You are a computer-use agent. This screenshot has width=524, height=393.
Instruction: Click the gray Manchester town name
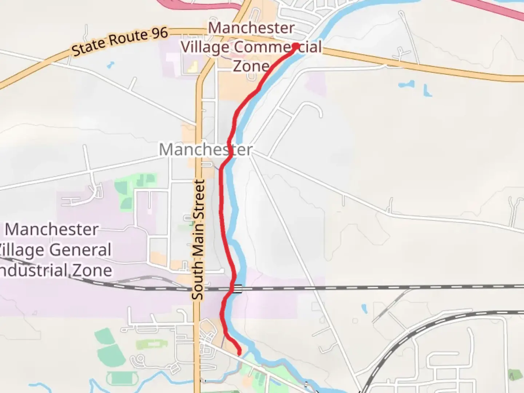[206, 150]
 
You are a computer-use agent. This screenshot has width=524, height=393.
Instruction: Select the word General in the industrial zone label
[80, 250]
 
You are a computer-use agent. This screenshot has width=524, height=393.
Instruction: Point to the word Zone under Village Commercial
[251, 66]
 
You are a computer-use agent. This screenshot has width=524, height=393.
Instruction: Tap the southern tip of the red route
[239, 352]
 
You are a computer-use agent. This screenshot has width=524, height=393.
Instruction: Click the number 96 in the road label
[159, 33]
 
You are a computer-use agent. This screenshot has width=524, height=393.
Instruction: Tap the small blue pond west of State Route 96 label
[110, 65]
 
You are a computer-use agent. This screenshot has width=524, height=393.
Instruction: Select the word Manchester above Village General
[52, 230]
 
